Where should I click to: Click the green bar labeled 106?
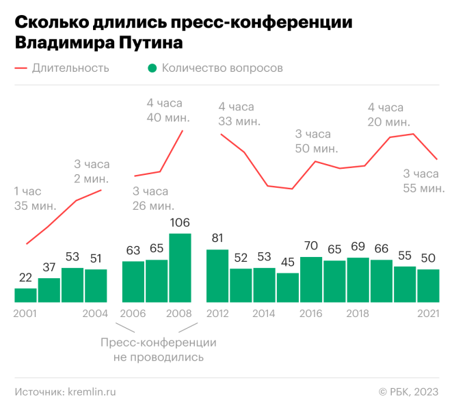point(180,268)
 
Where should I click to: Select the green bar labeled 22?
point(26,295)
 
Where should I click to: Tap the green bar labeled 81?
point(217,275)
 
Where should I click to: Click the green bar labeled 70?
point(311,279)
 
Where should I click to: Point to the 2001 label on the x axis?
point(26,313)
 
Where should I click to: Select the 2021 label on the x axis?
point(427,313)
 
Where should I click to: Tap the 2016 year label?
point(311,313)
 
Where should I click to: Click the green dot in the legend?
point(152,68)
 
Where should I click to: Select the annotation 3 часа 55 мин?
point(423,180)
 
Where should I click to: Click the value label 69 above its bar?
point(358,245)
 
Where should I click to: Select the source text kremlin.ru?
point(91,392)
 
